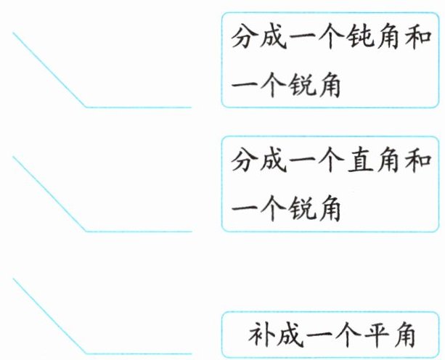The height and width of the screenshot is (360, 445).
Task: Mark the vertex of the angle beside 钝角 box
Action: pyautogui.click(x=86, y=107)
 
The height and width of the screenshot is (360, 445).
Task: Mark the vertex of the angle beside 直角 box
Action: pyautogui.click(x=86, y=232)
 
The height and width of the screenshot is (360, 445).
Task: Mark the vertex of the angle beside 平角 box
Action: pyautogui.click(x=86, y=353)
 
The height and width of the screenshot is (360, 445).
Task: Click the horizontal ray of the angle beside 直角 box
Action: pyautogui.click(x=138, y=232)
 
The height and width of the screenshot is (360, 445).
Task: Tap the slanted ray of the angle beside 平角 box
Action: pyautogui.click(x=49, y=316)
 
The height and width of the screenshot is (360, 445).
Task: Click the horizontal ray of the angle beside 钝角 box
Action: pyautogui.click(x=138, y=107)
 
